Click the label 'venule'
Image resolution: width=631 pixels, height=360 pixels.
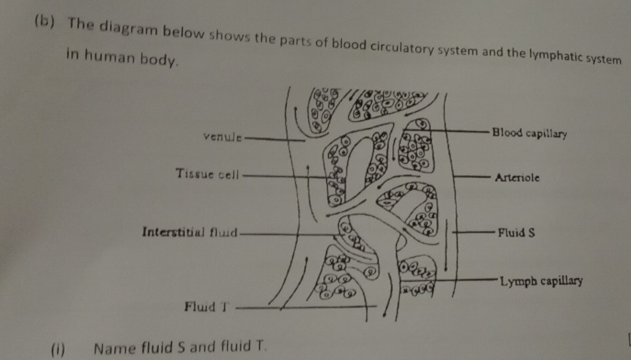pos(223,138)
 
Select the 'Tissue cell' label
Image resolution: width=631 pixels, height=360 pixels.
pos(207,174)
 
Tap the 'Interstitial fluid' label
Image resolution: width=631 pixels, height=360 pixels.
pos(190,232)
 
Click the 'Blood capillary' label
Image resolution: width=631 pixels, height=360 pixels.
pos(529,133)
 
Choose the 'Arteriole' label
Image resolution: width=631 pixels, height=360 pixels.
pos(517,179)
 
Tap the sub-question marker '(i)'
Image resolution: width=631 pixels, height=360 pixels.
pos(60,349)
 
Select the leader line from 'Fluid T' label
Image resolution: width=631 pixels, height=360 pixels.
pos(302,308)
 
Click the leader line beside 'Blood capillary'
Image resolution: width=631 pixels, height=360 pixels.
pos(456,130)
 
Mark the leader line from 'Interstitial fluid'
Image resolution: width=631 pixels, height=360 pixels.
pos(289,234)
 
